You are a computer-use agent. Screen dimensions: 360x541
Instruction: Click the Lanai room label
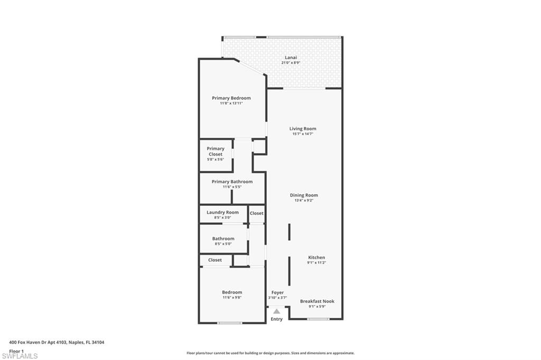coord(291,58)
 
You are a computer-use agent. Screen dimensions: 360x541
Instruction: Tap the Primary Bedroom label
coord(231,98)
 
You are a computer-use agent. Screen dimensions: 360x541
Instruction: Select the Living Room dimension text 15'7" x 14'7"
coord(303,134)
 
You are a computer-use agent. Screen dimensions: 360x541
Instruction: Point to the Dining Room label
coord(304,195)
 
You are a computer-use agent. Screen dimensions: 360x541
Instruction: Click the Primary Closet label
coord(216,151)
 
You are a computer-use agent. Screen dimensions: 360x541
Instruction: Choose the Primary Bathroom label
coord(232,182)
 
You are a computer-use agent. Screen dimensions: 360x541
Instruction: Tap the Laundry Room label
coord(222,212)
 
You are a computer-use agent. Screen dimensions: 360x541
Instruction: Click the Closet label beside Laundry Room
coord(257,213)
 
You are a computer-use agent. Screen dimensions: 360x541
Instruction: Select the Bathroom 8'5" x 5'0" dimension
coord(223,244)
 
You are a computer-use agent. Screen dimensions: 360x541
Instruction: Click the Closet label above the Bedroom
coord(215,260)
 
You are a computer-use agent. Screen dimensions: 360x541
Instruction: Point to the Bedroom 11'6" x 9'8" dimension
coord(231,298)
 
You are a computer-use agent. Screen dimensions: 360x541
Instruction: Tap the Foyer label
coord(277,292)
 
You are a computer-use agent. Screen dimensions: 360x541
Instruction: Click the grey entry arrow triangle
coord(276,311)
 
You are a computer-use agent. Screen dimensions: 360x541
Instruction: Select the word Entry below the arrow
coord(276,319)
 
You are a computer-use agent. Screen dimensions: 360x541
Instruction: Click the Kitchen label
coord(316,258)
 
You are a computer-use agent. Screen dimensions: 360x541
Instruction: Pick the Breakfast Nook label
coord(317,301)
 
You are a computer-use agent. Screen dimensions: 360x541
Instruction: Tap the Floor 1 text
coord(16,350)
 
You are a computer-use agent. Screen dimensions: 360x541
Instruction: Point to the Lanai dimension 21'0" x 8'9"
coord(291,63)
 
